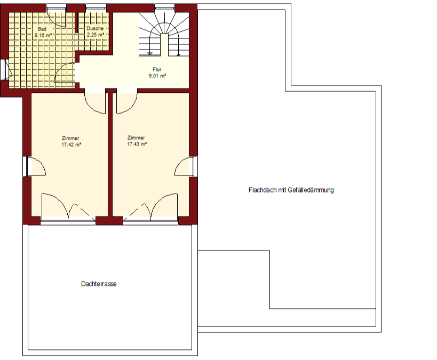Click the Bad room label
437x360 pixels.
42,29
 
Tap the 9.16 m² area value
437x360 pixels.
43,35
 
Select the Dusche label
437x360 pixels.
95,28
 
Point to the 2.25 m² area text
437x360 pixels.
96,35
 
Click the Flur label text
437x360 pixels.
157,69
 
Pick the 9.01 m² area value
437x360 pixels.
157,76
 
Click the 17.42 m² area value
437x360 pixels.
71,145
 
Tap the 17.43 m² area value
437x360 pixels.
137,144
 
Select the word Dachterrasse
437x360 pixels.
99,284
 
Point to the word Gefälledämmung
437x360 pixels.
311,190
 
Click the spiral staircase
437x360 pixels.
164,35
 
